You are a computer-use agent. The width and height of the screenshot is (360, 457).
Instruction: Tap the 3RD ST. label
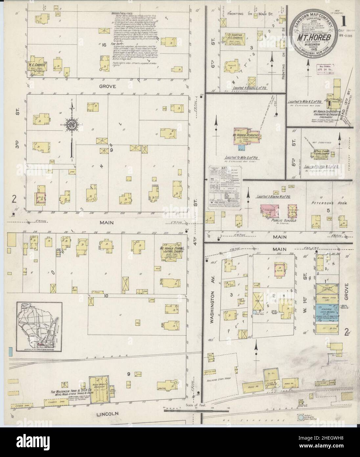17,115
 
